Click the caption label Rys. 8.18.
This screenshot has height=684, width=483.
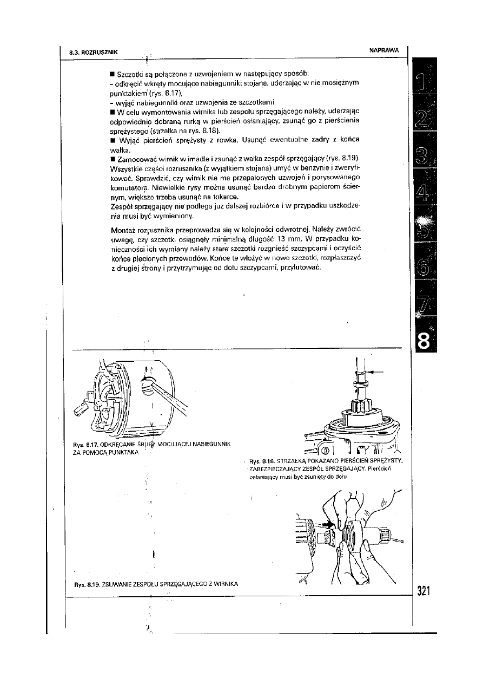pos(262,461)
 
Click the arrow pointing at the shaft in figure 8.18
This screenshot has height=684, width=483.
pos(375,372)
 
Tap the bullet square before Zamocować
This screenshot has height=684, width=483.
pos(111,159)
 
